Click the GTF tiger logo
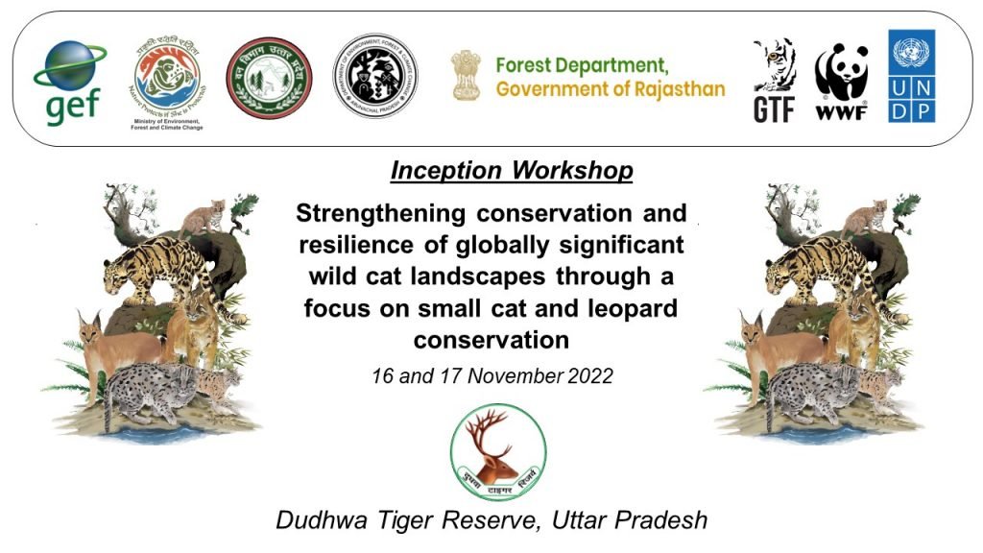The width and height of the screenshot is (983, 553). (774, 81)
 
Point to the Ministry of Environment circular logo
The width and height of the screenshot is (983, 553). (167, 79)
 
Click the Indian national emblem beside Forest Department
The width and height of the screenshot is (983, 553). (467, 77)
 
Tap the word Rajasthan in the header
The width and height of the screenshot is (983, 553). (675, 89)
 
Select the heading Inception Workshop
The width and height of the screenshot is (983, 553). (511, 171)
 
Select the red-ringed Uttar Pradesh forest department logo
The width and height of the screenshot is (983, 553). (269, 80)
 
